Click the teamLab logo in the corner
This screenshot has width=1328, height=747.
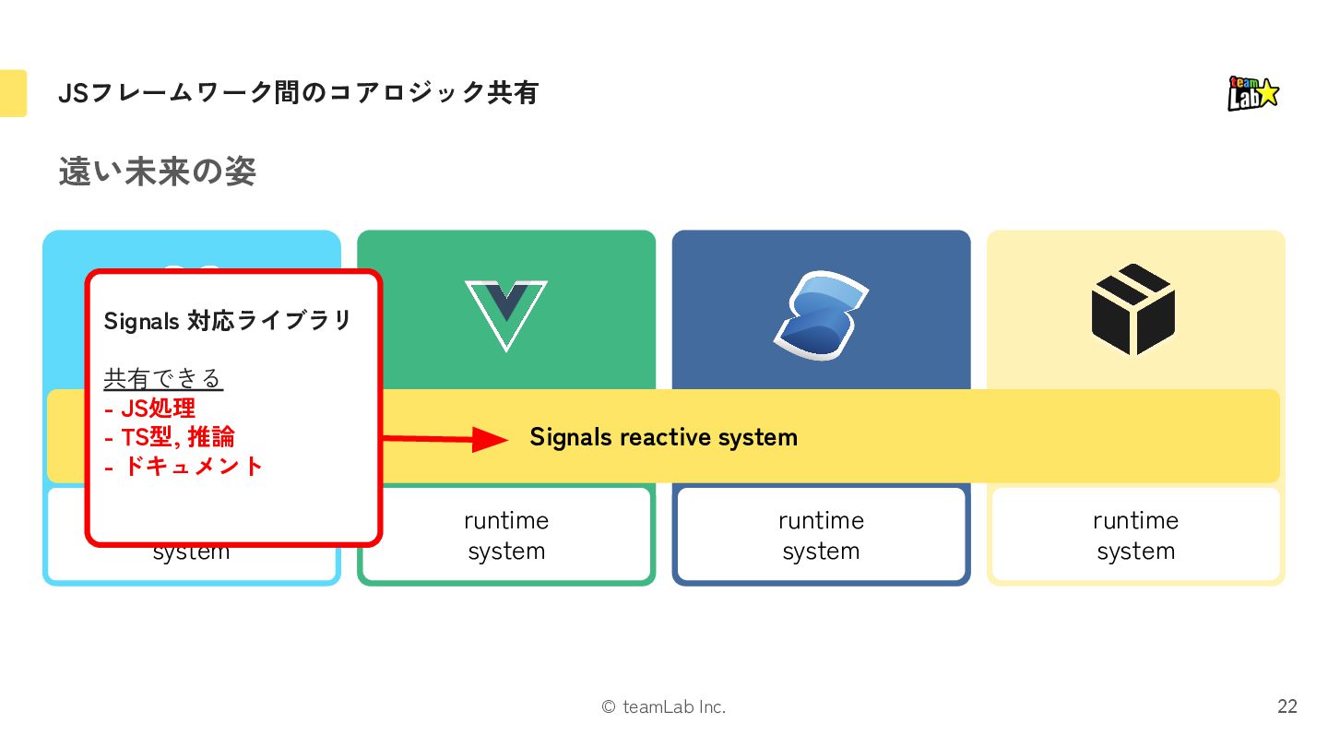tap(1253, 93)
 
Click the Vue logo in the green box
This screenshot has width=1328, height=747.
tap(505, 314)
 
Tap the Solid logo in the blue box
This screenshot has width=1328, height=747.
tap(821, 314)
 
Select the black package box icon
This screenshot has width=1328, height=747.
tap(1133, 310)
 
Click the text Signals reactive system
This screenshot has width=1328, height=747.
tap(663, 437)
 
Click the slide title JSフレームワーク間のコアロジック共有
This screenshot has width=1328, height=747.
tap(298, 93)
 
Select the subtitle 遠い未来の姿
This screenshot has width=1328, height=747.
tap(157, 172)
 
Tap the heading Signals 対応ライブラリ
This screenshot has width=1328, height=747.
tap(228, 321)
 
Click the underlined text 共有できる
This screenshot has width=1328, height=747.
tap(163, 378)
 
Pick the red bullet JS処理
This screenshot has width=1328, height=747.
tap(149, 408)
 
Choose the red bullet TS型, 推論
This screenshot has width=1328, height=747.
tap(170, 436)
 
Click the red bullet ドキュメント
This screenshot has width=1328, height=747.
tap(184, 466)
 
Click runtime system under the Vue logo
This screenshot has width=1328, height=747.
tap(506, 536)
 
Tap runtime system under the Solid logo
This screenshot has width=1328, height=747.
tap(821, 536)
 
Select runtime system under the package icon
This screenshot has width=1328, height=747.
tap(1135, 536)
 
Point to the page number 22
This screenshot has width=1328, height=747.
tap(1286, 706)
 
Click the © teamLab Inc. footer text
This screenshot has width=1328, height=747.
tap(663, 707)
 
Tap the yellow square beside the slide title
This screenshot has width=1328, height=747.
tap(13, 93)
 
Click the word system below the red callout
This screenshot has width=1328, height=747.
tap(191, 554)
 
